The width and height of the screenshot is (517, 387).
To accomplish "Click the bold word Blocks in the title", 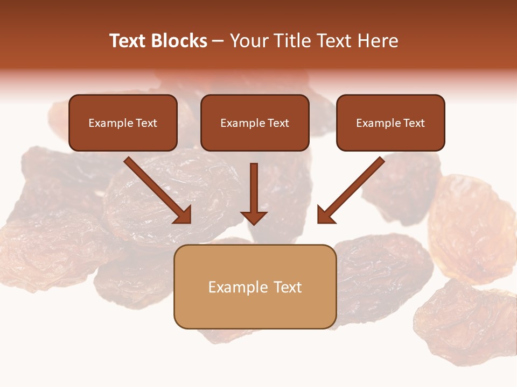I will (180, 41).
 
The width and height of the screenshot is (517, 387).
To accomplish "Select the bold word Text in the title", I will (129, 41).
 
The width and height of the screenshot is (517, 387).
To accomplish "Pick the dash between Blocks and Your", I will (218, 41).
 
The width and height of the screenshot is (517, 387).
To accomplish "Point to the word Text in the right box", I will (414, 123).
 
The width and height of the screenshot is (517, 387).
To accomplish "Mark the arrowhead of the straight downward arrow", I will (254, 217).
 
